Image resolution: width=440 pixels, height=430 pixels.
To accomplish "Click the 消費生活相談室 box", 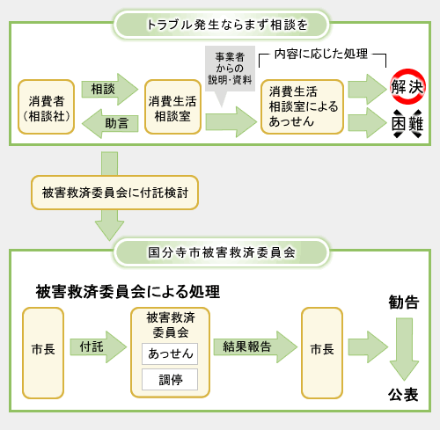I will (172, 106).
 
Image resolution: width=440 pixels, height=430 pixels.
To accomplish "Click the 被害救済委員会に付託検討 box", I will (109, 191).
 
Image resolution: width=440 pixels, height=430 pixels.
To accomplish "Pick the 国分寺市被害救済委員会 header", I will (221, 251).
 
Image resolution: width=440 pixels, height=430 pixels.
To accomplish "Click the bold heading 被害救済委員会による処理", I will (128, 291).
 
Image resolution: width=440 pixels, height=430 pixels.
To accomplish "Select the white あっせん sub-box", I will (170, 353).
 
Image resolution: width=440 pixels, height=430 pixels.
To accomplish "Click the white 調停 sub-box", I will (170, 380).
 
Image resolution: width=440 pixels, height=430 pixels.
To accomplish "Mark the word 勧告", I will (403, 302).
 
